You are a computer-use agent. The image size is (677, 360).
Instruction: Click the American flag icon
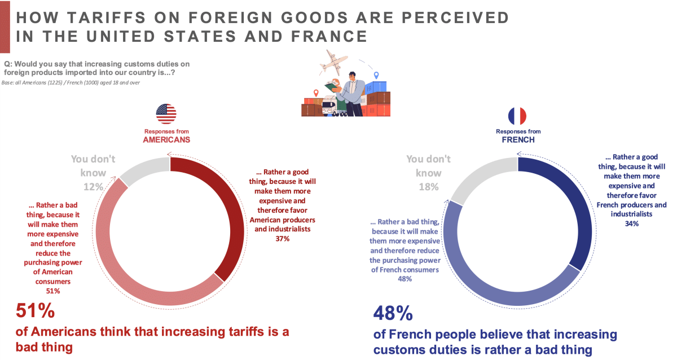coord(166,114)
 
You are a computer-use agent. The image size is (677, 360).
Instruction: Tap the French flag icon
coord(517,115)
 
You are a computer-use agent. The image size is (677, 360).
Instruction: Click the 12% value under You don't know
coord(93,187)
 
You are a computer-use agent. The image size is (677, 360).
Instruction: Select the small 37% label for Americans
coord(282,239)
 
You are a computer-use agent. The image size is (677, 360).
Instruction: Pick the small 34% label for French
coord(631,224)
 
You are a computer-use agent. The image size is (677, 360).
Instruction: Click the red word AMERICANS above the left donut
coord(166,139)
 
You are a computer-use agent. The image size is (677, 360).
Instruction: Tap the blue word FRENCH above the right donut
coord(518,139)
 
